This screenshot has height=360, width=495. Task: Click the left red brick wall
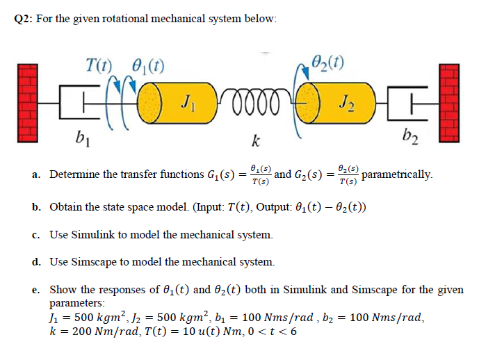[26, 101]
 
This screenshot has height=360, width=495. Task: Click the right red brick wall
[449, 101]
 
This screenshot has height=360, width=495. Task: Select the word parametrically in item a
[397, 174]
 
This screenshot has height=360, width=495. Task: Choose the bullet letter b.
[35, 207]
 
